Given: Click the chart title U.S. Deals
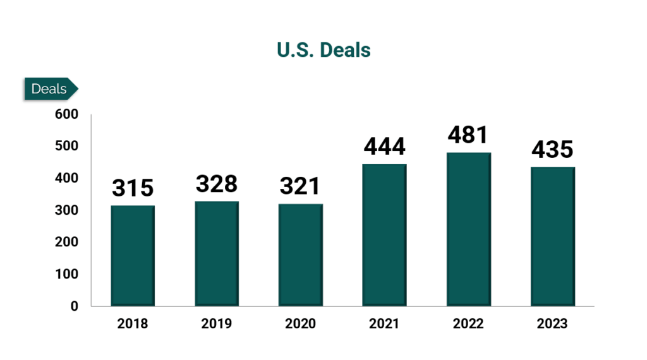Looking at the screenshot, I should coord(323,50).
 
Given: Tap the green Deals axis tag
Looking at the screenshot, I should coord(50,89).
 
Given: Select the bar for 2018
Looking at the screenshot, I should coord(133,256).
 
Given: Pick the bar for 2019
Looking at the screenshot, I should coord(217,254).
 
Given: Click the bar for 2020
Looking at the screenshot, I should coord(301,255).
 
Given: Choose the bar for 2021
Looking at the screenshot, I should coord(384,235).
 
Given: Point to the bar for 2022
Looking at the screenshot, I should coord(468,229).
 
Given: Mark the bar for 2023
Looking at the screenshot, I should coord(552,237).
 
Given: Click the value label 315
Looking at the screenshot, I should coord(133,188).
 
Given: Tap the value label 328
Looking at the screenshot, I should coord(217,184).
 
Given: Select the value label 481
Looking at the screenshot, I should coord(468,135).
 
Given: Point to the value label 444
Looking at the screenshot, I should coord(384,147).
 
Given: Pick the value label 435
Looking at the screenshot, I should coord(552,150).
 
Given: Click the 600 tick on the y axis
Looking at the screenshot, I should coord(66,114).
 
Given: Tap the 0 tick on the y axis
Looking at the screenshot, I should coord(74,306).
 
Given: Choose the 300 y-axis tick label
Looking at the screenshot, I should coord(66,210).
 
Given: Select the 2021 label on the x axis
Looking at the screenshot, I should coord(384,325).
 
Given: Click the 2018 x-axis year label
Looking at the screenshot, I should coord(133,325).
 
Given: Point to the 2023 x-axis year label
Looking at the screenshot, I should coord(552,325).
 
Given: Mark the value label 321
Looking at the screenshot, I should coord(301,186).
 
